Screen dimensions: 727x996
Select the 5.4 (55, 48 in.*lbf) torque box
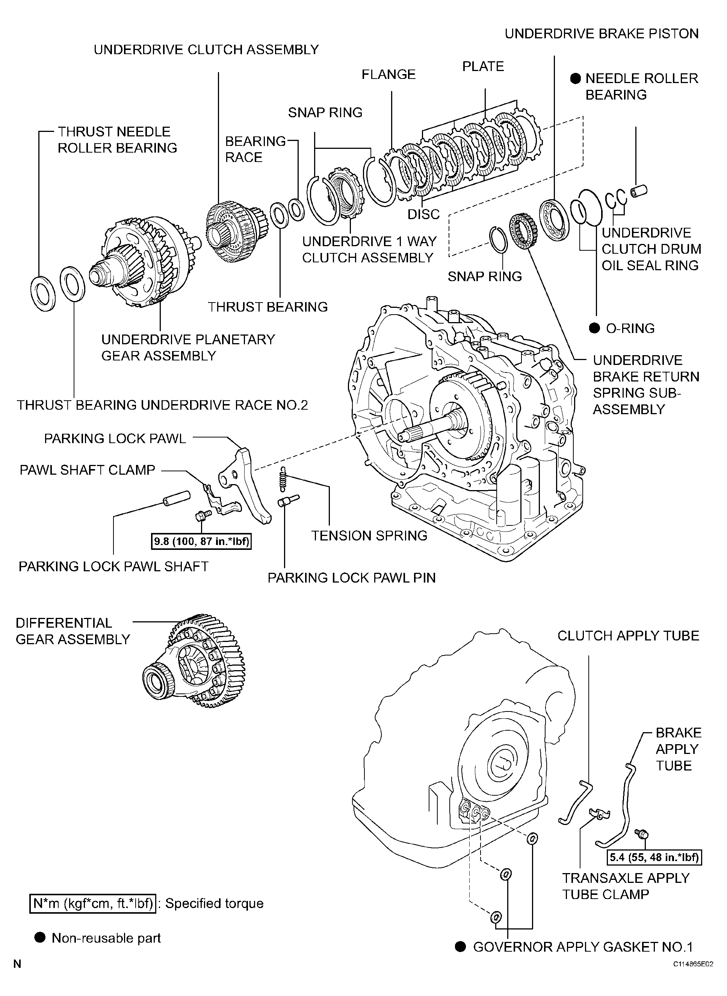[654, 857]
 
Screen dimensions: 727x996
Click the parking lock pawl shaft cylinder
[177, 499]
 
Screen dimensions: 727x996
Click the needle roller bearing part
[639, 191]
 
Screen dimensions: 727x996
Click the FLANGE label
[388, 74]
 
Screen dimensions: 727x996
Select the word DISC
[423, 214]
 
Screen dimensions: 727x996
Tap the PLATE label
[483, 67]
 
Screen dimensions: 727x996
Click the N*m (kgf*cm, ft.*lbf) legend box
[93, 904]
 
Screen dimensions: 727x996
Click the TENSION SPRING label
[369, 536]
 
